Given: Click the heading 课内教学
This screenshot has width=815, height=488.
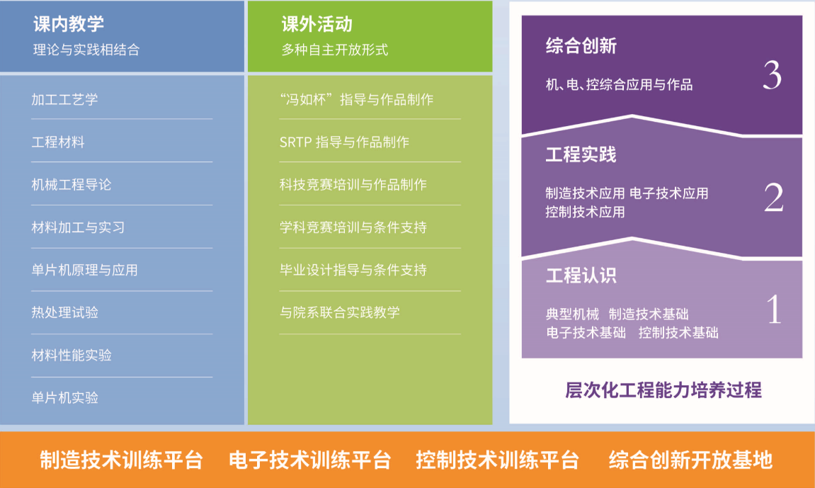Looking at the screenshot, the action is click(69, 24).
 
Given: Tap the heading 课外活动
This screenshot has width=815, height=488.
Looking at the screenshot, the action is click(317, 24).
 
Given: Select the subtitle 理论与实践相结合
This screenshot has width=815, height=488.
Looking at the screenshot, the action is click(86, 50).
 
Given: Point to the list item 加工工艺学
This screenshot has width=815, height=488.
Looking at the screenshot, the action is click(64, 99).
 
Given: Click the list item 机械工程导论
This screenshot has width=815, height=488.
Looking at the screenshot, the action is click(72, 184).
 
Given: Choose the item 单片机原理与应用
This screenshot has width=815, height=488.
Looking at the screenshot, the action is click(85, 270).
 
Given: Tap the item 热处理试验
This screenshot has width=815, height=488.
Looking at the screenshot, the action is click(64, 312).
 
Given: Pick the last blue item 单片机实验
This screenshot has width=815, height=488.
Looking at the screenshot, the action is click(64, 397).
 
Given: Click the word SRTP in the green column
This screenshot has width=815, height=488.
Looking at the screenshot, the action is click(296, 142).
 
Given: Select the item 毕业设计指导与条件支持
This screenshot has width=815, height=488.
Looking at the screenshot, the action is click(353, 270).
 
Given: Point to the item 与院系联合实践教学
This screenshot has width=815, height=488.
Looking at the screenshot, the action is click(339, 312).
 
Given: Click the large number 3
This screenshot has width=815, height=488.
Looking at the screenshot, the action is click(773, 75).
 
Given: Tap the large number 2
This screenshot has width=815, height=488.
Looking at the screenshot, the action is click(773, 198).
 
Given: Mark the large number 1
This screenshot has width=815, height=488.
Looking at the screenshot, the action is click(774, 309).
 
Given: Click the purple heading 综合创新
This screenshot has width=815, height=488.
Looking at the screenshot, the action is click(581, 46).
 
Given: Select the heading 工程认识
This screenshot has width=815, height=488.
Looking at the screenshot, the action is click(581, 276).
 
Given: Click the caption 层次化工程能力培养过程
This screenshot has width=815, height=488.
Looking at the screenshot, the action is click(663, 390).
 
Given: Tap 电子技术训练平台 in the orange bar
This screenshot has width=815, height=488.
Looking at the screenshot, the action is click(309, 460).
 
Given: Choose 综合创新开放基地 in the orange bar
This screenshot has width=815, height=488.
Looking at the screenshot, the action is click(690, 460).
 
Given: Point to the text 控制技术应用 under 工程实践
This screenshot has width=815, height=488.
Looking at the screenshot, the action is click(585, 212).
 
